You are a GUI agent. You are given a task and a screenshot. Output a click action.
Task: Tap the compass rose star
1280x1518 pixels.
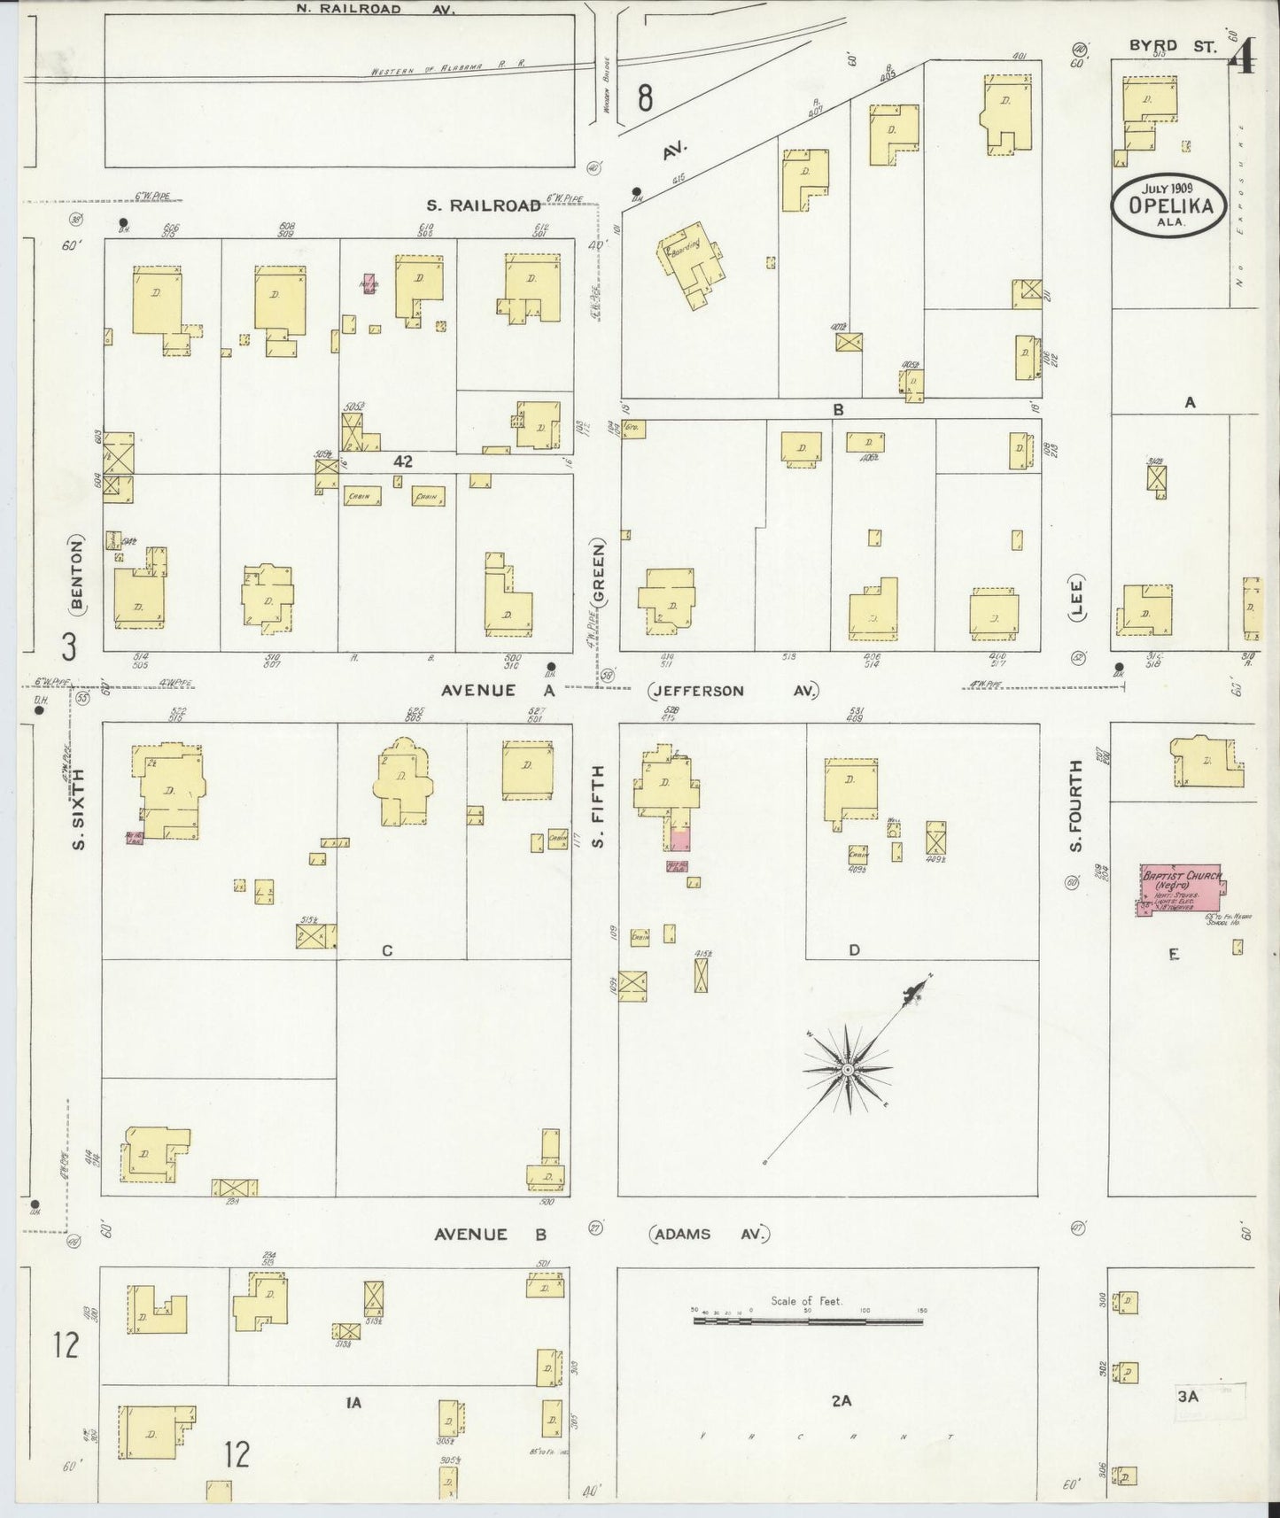click(x=848, y=1070)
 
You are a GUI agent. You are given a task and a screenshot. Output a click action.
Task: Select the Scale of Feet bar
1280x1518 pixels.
click(x=807, y=1321)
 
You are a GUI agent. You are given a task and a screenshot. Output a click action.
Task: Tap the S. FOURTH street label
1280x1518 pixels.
click(x=1075, y=807)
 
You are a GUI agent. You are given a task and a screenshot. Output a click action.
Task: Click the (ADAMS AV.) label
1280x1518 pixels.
click(x=710, y=1234)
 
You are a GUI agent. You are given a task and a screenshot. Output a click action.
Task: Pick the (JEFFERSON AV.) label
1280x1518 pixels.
click(x=733, y=691)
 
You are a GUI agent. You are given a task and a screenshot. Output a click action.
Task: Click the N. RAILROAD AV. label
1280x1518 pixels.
click(x=362, y=9)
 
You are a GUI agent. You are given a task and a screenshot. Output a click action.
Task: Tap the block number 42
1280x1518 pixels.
click(x=404, y=461)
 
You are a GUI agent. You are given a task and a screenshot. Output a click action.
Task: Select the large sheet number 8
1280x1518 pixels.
click(x=645, y=97)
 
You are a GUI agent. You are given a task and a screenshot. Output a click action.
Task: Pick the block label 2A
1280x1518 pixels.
click(x=841, y=1400)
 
